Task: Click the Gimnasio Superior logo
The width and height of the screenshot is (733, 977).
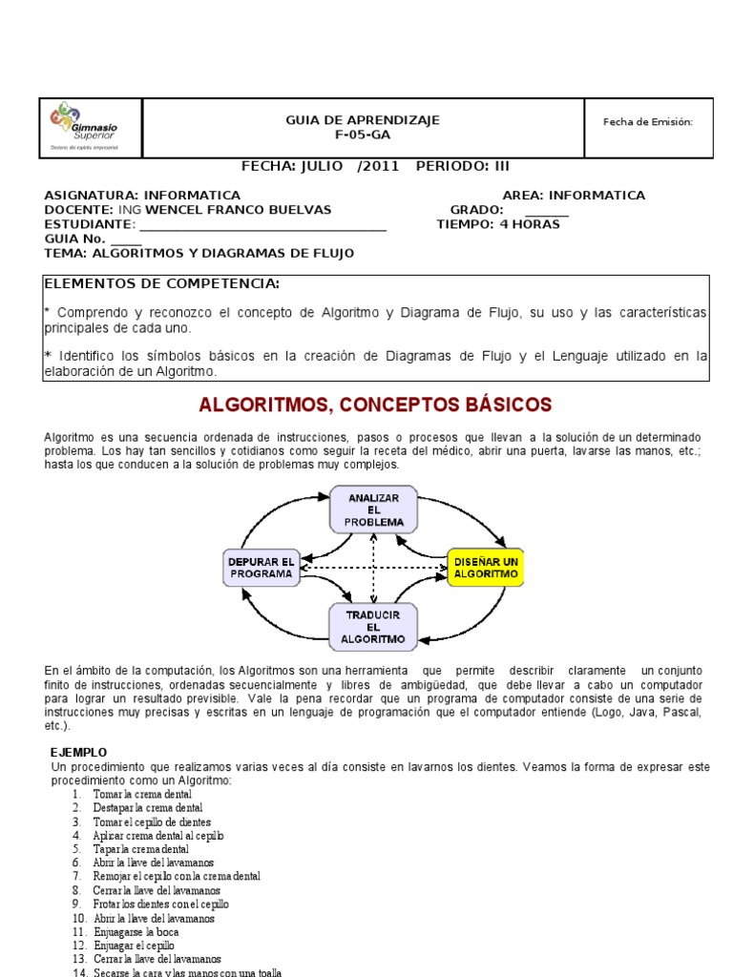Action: coord(83,128)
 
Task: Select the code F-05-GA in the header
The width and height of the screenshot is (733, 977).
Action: coord(363,135)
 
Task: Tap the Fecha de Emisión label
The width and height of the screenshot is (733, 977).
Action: coord(647,121)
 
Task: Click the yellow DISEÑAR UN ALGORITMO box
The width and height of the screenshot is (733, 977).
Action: coord(485,568)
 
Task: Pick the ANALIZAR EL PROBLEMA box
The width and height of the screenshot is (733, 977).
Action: coord(372,509)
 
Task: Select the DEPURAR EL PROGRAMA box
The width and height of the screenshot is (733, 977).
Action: coord(262,568)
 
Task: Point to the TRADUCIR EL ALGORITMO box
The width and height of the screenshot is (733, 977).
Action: coord(372,626)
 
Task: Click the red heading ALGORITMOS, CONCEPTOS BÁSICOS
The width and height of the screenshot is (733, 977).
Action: coord(375,405)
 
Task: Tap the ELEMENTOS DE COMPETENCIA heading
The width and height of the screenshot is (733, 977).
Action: coord(162,283)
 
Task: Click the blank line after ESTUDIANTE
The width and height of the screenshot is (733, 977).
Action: coord(262,225)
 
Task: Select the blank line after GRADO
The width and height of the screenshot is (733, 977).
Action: coord(546,211)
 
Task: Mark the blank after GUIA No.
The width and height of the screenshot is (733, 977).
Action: coord(126,239)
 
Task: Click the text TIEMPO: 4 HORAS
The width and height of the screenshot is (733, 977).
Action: coord(498,224)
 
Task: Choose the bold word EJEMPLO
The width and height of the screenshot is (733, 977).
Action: coord(78,752)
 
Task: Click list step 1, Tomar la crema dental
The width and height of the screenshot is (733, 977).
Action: coord(142,794)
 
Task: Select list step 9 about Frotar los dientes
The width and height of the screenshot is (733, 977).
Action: coord(160,904)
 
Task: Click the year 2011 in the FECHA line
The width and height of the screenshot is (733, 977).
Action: coord(378,165)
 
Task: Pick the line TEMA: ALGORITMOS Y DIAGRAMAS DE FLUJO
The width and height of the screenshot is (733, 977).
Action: coord(199,253)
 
